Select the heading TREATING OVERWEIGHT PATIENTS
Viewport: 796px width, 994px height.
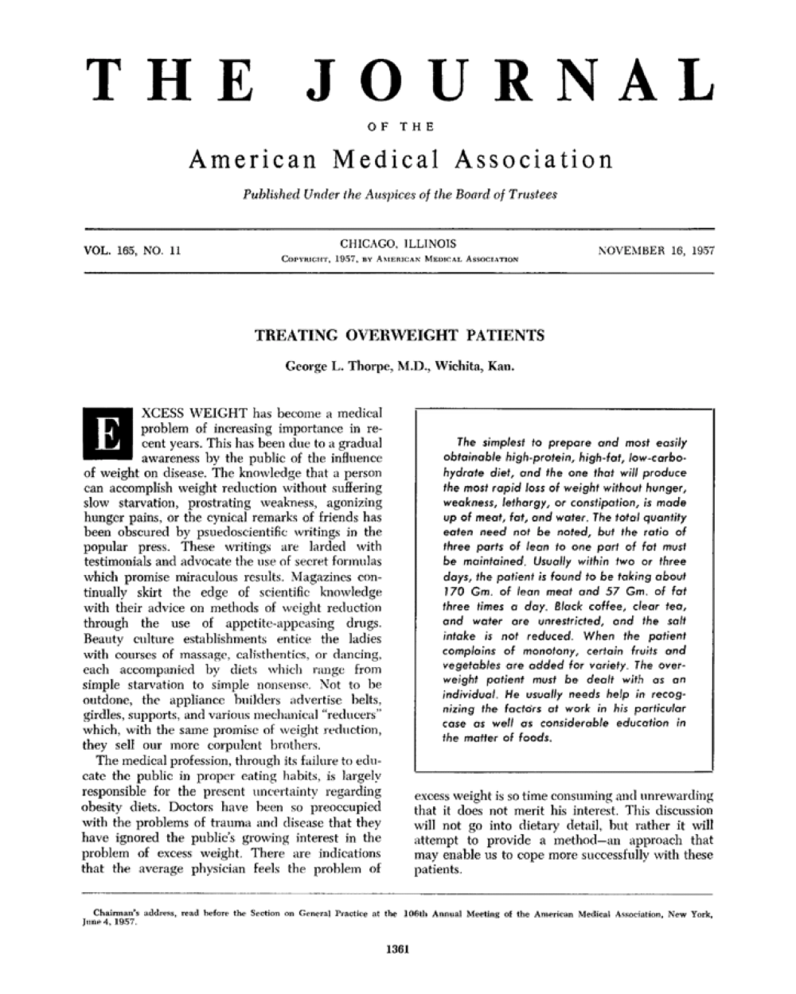click(398, 335)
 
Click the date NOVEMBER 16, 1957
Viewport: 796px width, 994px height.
click(655, 250)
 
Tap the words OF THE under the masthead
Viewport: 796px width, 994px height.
click(397, 124)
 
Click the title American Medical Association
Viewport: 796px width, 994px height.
click(400, 159)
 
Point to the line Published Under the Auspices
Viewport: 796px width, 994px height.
click(400, 196)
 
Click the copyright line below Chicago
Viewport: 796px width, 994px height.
click(397, 259)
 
